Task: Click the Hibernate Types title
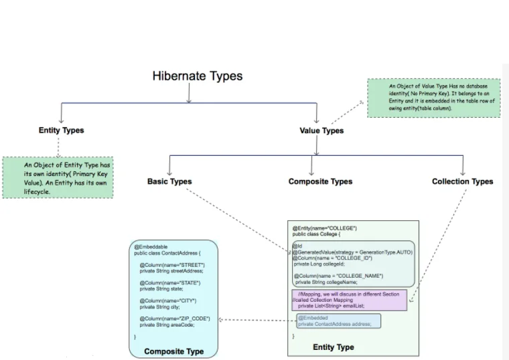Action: point(197,76)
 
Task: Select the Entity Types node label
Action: point(61,130)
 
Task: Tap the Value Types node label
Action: point(321,130)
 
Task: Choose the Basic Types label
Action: point(169,181)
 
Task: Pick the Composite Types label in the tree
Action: point(320,181)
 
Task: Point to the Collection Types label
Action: point(462,181)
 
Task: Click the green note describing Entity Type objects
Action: point(58,177)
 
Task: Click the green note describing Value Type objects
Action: point(433,98)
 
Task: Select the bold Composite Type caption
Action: point(173,351)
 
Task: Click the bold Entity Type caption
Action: point(333,347)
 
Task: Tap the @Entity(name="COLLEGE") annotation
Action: point(324,229)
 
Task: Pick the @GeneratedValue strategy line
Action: point(352,252)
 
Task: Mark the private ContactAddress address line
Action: point(334,324)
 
